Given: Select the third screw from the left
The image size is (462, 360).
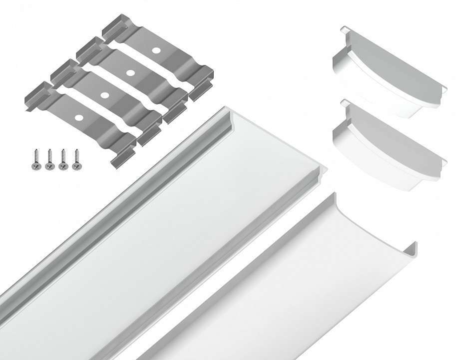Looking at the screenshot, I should pos(63,159).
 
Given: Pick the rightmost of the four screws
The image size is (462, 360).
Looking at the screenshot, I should pos(76,159).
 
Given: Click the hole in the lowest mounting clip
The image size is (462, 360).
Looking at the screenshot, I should pos(78,117).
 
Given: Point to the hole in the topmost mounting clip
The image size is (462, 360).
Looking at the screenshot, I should pos(157,50).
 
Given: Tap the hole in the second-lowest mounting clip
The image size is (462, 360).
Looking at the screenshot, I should pos(104,94).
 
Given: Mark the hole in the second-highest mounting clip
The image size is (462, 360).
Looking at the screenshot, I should pos(130,72).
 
